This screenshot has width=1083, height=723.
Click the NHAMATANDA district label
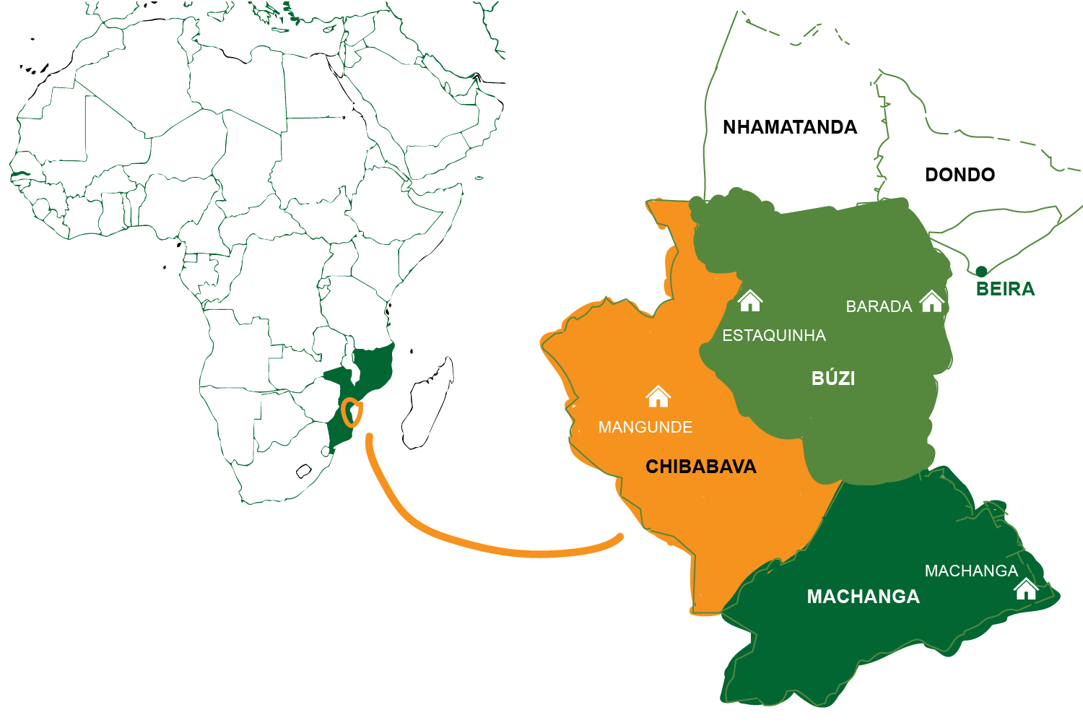tap(790, 128)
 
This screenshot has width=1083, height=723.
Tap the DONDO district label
tap(960, 175)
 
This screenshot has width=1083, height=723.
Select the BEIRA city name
tap(1005, 289)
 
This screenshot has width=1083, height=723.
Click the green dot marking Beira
tap(981, 272)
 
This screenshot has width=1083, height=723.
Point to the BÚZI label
tap(833, 378)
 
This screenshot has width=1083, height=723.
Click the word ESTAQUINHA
tap(774, 335)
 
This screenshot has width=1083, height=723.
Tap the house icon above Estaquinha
tap(750, 300)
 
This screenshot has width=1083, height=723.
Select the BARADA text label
tap(879, 307)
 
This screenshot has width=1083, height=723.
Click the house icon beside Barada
tap(932, 301)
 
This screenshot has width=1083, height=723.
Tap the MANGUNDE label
tap(645, 428)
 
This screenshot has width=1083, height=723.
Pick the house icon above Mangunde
tap(658, 397)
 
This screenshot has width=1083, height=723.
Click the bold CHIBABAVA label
tap(700, 467)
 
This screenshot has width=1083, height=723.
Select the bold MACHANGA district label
tap(863, 597)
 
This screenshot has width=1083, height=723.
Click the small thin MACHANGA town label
tap(970, 571)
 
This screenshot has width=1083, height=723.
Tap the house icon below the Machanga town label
tap(1025, 589)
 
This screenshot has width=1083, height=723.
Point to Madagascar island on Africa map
tap(428, 404)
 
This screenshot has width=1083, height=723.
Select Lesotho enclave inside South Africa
tap(304, 472)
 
